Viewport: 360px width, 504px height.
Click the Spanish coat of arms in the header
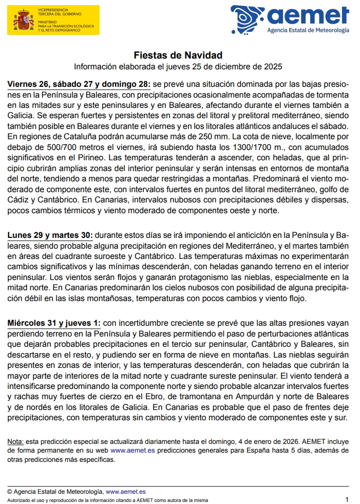click(22, 21)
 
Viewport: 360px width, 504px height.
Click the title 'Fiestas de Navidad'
click(178, 55)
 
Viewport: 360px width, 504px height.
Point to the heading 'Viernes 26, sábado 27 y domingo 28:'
click(79, 84)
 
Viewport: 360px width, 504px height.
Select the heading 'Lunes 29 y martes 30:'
click(50, 235)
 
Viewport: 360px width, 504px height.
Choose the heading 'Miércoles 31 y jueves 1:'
click(54, 323)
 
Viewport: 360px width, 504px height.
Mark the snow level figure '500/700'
click(53, 147)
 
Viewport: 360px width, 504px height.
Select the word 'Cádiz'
click(19, 199)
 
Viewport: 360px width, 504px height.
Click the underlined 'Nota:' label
click(15, 441)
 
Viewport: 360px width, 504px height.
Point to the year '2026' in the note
click(290, 441)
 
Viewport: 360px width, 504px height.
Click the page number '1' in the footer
click(347, 499)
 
